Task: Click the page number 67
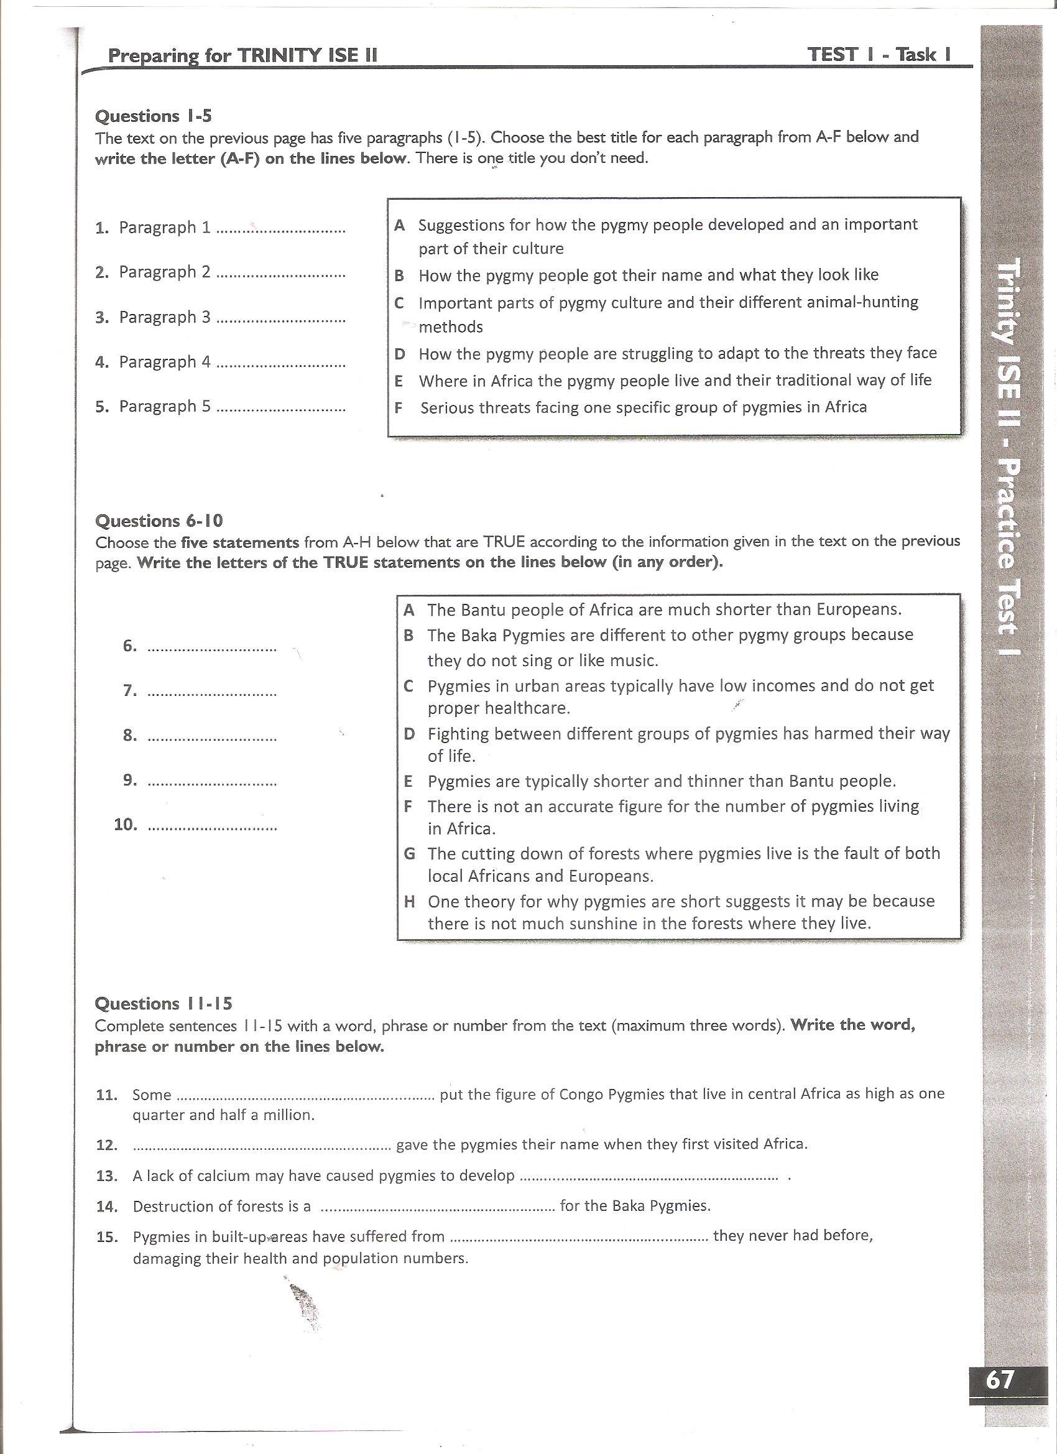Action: coord(1000,1378)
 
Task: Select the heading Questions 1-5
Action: coord(153,116)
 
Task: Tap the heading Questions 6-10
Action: coord(159,521)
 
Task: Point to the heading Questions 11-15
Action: coord(164,1003)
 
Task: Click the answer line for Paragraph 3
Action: coord(281,319)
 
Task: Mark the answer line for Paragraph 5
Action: coord(281,409)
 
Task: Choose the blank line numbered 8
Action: coord(212,737)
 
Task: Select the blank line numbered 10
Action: coord(212,827)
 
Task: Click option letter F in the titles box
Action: coord(399,408)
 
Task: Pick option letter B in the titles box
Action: coord(399,276)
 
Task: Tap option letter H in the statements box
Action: coord(410,902)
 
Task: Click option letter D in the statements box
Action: coord(410,734)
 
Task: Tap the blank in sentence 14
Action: coord(437,1208)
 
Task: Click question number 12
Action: coord(106,1145)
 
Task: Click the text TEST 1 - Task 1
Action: coord(879,55)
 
